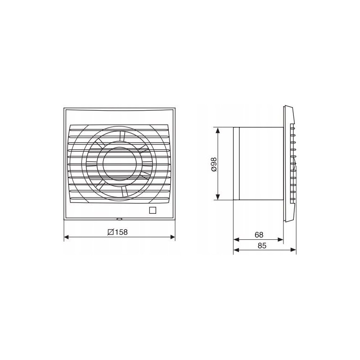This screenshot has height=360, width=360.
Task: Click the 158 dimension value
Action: click(121, 232)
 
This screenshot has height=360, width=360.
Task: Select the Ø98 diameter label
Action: click(213, 164)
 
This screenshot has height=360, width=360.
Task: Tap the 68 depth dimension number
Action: click(259, 235)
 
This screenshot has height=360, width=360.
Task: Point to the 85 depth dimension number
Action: click(262, 246)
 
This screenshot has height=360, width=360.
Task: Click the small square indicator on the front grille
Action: click(153, 210)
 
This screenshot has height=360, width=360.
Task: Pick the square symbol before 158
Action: click(111, 232)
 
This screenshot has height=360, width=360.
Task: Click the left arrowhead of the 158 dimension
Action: click(67, 237)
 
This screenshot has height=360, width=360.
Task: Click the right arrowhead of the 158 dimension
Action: click(172, 237)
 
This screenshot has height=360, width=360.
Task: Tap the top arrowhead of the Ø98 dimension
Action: click(218, 130)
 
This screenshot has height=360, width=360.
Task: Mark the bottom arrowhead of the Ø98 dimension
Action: click(218, 197)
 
